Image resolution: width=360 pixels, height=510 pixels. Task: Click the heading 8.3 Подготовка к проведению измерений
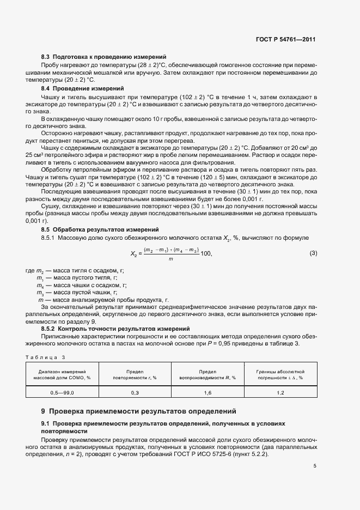pyautogui.click(x=103, y=57)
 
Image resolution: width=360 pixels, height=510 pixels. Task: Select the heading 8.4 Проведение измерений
pyautogui.click(x=82, y=88)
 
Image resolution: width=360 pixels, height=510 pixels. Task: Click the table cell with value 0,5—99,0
pyautogui.click(x=62, y=392)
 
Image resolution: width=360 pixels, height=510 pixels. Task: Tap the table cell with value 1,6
pyautogui.click(x=208, y=392)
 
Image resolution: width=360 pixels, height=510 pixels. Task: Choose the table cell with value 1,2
pyautogui.click(x=280, y=392)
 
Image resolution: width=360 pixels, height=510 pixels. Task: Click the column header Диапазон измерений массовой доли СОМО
pyautogui.click(x=62, y=374)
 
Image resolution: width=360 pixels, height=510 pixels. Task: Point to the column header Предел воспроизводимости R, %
pyautogui.click(x=208, y=374)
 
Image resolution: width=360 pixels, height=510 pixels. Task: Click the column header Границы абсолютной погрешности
pyautogui.click(x=280, y=374)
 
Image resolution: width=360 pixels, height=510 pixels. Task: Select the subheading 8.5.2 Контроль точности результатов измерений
pyautogui.click(x=115, y=329)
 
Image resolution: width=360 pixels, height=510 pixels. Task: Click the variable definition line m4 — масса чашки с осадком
pyautogui.click(x=81, y=285)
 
